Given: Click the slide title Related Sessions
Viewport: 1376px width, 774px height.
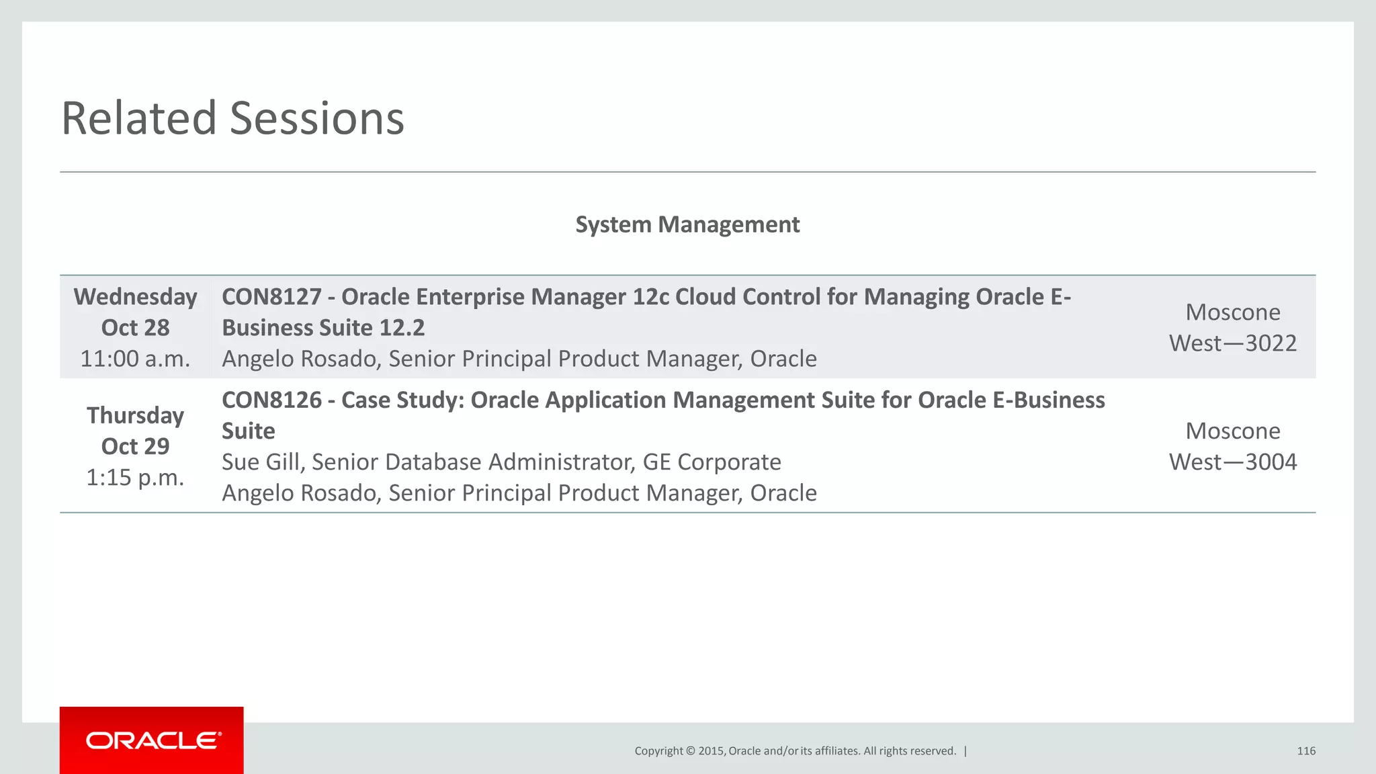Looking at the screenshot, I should pos(232,118).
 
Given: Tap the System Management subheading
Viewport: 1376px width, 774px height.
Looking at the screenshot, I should pos(687,224).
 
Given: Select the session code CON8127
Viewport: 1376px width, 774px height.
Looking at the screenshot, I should pos(271,297).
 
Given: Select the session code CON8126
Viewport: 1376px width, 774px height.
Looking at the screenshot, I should pos(271,400).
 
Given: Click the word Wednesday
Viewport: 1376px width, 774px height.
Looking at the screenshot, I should pos(135,297).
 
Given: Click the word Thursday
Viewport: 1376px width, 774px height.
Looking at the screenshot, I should pos(135,416).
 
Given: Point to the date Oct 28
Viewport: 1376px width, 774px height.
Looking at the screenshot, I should pos(135,328).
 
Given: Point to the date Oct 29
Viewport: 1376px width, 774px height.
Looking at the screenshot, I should pos(135,447).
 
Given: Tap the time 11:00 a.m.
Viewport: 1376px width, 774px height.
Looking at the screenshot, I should pos(135,359).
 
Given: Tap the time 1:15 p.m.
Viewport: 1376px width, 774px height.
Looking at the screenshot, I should pos(135,478).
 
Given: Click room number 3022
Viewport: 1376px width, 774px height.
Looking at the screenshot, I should pos(1271,343).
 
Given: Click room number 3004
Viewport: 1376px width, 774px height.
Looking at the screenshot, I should pos(1271,462).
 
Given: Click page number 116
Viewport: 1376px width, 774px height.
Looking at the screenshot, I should pos(1305,751).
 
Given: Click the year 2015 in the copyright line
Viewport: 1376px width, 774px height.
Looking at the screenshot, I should pos(711,751).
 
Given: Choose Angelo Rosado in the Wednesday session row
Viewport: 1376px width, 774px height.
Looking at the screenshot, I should pos(300,359).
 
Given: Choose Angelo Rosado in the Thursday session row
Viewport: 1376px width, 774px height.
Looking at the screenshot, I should pos(300,493).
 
